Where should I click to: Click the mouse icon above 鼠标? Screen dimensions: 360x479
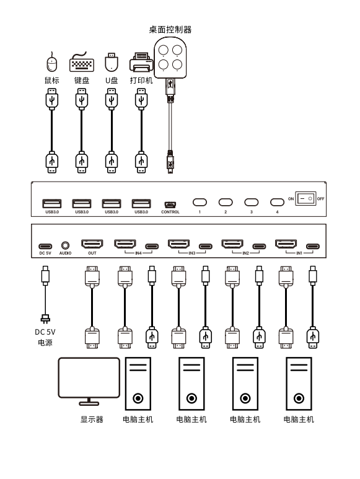[52, 63]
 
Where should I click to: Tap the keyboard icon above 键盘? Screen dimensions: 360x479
[82, 63]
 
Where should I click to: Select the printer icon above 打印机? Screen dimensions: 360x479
[141, 63]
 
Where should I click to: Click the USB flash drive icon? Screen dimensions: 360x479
[112, 63]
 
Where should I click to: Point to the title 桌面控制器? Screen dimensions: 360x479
[170, 30]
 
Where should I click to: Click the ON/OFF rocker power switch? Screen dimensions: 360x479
[305, 198]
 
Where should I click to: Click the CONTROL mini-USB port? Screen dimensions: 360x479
[170, 204]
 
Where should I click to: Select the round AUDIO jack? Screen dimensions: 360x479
[65, 245]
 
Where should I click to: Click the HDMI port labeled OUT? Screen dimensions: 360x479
[92, 244]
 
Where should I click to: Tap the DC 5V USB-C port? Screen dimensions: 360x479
[45, 246]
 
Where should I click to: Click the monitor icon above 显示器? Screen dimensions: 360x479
[89, 381]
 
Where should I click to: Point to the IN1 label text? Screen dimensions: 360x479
[299, 253]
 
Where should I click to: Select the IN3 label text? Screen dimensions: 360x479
[191, 253]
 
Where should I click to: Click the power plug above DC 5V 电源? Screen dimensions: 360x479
[45, 319]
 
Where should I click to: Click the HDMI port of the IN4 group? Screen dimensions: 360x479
[125, 244]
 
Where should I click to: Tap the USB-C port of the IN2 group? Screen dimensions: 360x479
[259, 246]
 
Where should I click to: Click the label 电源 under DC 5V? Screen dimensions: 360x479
[45, 343]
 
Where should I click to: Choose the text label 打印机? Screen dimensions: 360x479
[141, 81]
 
